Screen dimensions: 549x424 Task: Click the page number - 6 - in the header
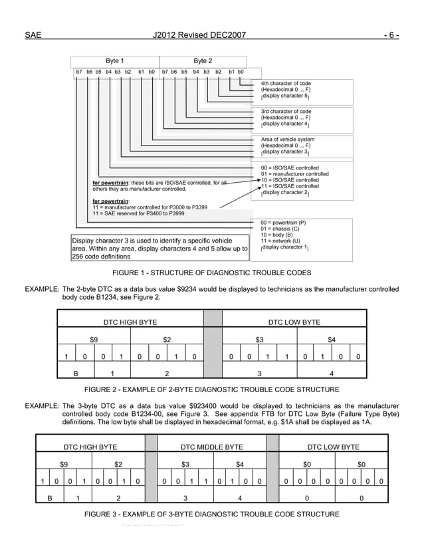390,35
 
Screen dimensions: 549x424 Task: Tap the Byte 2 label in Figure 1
203,60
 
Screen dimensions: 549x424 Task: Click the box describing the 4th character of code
286,89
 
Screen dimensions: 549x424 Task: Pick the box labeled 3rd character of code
286,118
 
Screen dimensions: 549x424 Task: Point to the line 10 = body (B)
278,235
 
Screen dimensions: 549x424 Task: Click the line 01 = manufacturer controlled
295,174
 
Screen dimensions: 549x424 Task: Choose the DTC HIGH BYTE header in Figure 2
130,322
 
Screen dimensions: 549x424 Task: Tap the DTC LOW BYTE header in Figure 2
294,322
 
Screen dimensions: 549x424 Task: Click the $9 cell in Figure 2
94,339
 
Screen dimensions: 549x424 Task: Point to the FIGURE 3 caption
211,514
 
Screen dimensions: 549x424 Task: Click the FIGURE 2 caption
211,389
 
